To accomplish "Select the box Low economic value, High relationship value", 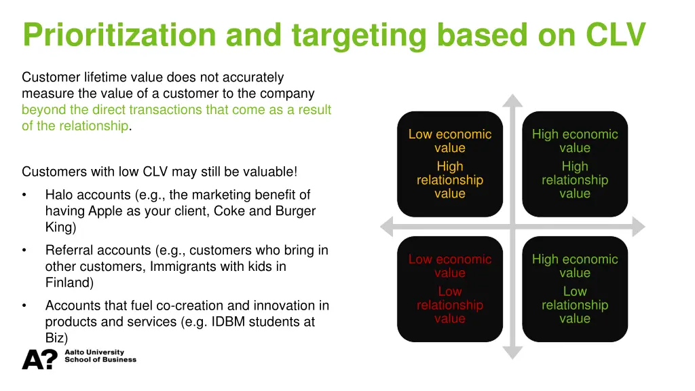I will pos(450,164).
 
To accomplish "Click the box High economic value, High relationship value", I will pos(575,164).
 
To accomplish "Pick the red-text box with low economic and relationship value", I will pos(450,288).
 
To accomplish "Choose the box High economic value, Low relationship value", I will pos(575,288).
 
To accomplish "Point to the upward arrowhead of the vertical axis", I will pos(513,100).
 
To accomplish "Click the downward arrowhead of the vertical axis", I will pos(513,352).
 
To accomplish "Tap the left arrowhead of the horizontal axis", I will pos(388,226).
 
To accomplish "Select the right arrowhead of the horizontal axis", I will pos(639,226).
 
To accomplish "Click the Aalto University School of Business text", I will pos(100,356).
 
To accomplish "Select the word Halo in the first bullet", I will pos(59,195).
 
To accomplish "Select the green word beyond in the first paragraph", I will pos(41,110).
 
